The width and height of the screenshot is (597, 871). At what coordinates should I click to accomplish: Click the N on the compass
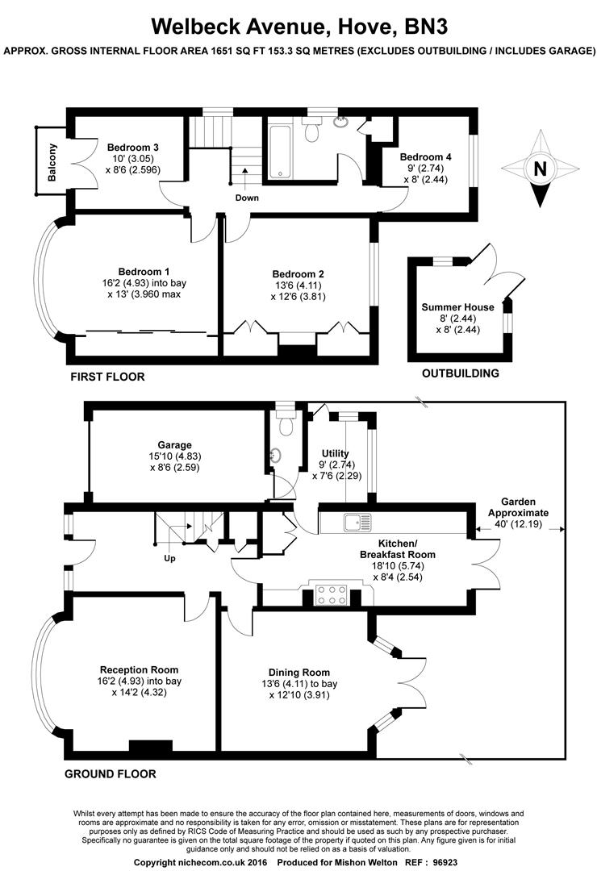pyautogui.click(x=540, y=169)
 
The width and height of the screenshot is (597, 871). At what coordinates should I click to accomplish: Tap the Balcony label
pyautogui.click(x=52, y=163)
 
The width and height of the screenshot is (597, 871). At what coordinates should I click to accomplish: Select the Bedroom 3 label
pyautogui.click(x=133, y=148)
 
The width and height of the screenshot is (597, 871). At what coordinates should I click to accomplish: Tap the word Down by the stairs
pyautogui.click(x=247, y=198)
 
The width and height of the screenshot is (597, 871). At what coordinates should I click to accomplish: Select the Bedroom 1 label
pyautogui.click(x=144, y=272)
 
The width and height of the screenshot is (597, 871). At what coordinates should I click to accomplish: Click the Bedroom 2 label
pyautogui.click(x=298, y=274)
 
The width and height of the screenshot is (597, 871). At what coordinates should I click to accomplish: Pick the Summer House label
pyautogui.click(x=457, y=307)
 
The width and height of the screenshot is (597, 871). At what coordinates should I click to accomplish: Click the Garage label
pyautogui.click(x=174, y=445)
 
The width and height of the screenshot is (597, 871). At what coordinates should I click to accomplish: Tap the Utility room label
pyautogui.click(x=335, y=453)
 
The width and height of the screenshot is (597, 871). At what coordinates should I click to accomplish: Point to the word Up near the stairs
pyautogui.click(x=169, y=558)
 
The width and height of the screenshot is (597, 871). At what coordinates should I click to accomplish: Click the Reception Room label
pyautogui.click(x=139, y=670)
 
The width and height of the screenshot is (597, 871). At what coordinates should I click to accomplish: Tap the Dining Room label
pyautogui.click(x=299, y=673)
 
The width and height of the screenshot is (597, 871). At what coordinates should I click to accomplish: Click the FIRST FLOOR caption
pyautogui.click(x=107, y=377)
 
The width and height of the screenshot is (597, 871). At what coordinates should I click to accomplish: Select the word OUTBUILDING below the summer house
pyautogui.click(x=461, y=373)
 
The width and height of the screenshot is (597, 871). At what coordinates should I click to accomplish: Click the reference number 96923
pyautogui.click(x=445, y=863)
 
